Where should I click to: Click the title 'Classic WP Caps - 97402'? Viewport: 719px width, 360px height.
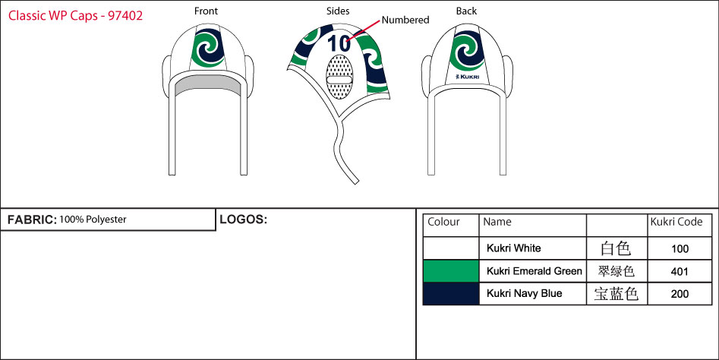[x=75, y=15]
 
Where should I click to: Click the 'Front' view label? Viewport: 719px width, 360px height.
[x=206, y=11]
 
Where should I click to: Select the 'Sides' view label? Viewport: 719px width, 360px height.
[x=339, y=11]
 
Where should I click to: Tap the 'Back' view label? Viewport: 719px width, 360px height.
[x=466, y=11]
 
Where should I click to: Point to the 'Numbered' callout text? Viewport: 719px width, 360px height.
[x=405, y=21]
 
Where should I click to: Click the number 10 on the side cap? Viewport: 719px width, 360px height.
[x=339, y=43]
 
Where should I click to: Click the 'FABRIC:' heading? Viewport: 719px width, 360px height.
[x=31, y=220]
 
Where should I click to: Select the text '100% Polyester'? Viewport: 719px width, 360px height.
[x=93, y=220]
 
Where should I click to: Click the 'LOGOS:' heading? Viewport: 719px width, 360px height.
[x=243, y=220]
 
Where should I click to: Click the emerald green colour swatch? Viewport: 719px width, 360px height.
[x=451, y=271]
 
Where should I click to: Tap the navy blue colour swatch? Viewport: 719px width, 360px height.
[x=451, y=293]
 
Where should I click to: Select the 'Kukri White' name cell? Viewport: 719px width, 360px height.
[x=513, y=248]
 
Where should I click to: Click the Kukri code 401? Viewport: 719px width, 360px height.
[x=680, y=271]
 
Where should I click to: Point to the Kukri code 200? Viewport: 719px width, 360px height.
[x=680, y=294]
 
